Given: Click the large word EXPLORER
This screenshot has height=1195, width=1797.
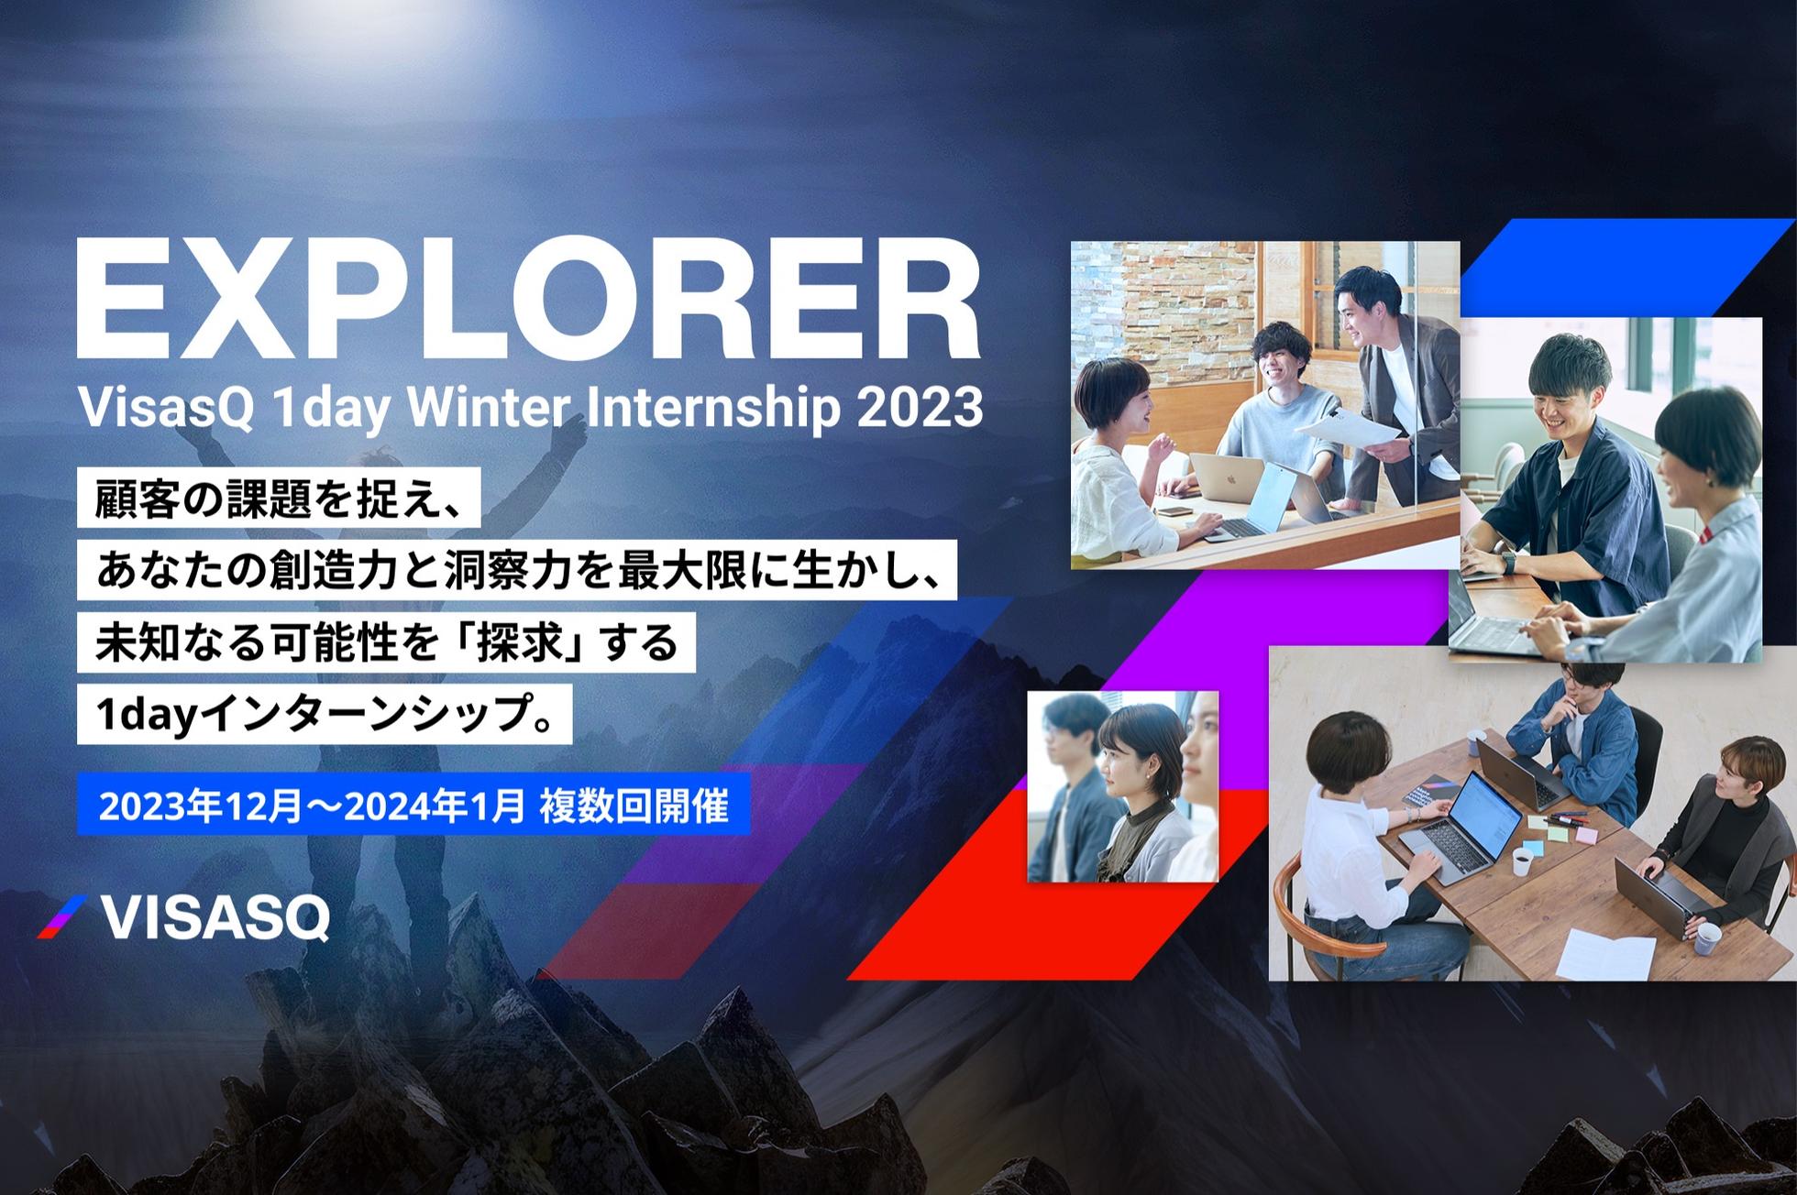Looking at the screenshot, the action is click(528, 298).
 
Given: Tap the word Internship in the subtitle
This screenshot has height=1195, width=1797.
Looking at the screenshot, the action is click(710, 409).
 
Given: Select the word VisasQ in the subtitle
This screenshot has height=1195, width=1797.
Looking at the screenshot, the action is click(167, 409).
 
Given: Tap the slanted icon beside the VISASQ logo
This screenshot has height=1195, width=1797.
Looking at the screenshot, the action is click(61, 916).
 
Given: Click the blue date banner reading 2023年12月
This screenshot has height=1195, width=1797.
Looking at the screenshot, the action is click(413, 806).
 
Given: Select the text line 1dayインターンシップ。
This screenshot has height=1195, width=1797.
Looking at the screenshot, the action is click(325, 714).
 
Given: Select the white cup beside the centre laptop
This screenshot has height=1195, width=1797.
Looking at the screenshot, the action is click(1522, 861).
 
